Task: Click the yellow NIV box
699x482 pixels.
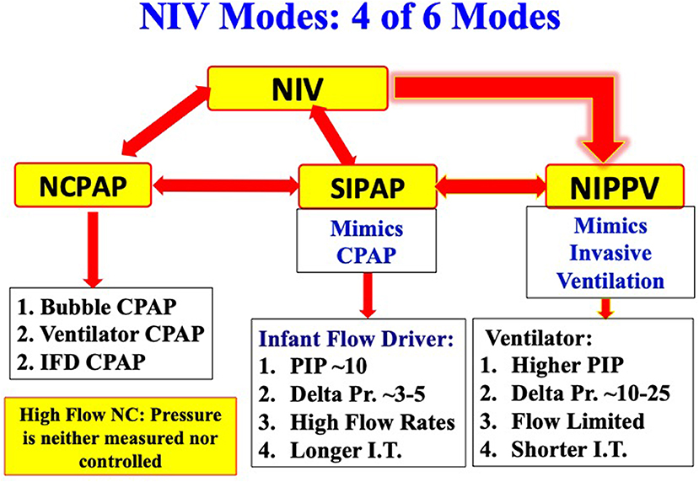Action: [x=298, y=88]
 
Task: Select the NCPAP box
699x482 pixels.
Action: [x=83, y=185]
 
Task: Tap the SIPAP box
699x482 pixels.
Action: [x=368, y=186]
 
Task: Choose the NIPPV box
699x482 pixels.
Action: [x=615, y=185]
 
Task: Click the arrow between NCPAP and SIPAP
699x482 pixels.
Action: [x=225, y=185]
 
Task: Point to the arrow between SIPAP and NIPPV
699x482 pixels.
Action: [x=492, y=186]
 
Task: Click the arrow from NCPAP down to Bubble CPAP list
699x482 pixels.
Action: [x=93, y=249]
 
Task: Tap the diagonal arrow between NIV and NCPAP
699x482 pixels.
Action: [x=166, y=121]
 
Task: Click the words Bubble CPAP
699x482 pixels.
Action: [x=108, y=307]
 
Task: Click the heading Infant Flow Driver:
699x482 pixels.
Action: [x=356, y=339]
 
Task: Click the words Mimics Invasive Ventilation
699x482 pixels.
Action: [x=610, y=253]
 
